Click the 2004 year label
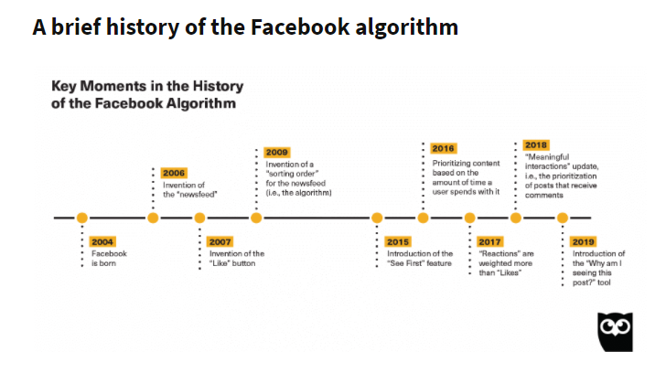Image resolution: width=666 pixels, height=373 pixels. (x=102, y=242)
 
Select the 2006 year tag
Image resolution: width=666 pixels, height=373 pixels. (x=174, y=173)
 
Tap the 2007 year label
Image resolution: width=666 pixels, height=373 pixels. (x=220, y=242)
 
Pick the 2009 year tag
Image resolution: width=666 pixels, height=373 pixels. (x=277, y=153)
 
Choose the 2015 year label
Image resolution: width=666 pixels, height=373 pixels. (x=398, y=242)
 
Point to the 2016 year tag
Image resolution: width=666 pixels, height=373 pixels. (x=444, y=148)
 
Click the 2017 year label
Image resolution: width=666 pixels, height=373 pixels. (x=489, y=242)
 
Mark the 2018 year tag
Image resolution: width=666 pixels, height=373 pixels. (x=536, y=145)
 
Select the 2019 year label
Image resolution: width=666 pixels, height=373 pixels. (x=583, y=242)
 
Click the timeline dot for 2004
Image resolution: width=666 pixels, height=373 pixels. (x=82, y=218)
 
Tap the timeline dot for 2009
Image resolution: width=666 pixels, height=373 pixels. (x=256, y=218)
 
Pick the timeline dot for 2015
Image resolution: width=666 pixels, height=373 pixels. (x=377, y=218)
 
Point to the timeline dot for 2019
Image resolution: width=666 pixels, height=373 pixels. (x=563, y=218)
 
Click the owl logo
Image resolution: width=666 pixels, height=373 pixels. (x=615, y=332)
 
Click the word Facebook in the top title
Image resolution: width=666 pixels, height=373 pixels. (x=300, y=27)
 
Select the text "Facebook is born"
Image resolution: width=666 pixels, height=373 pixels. (x=109, y=259)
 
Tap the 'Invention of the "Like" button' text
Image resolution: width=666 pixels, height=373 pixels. (x=237, y=259)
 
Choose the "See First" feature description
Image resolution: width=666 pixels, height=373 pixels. (x=420, y=259)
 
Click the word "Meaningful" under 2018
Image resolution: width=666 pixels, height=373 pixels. (x=547, y=157)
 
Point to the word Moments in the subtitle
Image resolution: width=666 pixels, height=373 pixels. (x=113, y=86)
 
